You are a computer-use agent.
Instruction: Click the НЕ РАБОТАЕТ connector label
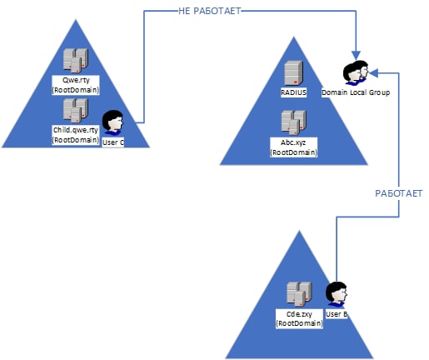pyautogui.click(x=210, y=11)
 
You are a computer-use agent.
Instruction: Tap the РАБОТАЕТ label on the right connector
pyautogui.click(x=399, y=193)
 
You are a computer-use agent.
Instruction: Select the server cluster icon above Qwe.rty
pyautogui.click(x=76, y=60)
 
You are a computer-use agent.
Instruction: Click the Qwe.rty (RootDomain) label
pyautogui.click(x=76, y=85)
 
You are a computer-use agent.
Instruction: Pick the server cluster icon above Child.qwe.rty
pyautogui.click(x=76, y=111)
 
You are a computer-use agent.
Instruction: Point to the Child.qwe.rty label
pyautogui.click(x=76, y=130)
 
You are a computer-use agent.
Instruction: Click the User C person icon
pyautogui.click(x=112, y=122)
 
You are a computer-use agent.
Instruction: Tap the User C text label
pyautogui.click(x=113, y=142)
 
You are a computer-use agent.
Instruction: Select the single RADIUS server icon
pyautogui.click(x=293, y=72)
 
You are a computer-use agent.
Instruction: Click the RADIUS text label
pyautogui.click(x=293, y=92)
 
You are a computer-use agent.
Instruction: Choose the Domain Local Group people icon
pyautogui.click(x=356, y=72)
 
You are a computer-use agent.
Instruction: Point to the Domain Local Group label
pyautogui.click(x=356, y=92)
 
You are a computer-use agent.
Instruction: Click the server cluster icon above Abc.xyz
pyautogui.click(x=293, y=122)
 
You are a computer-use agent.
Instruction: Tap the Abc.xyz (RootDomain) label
pyautogui.click(x=293, y=147)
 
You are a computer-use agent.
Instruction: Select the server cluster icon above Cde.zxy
pyautogui.click(x=299, y=293)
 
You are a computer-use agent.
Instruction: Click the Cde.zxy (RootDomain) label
pyautogui.click(x=299, y=318)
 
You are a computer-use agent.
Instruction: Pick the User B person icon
pyautogui.click(x=337, y=294)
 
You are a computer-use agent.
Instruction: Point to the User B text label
pyautogui.click(x=337, y=314)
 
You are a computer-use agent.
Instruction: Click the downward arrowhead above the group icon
pyautogui.click(x=356, y=55)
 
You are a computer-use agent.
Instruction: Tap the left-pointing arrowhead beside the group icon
pyautogui.click(x=373, y=73)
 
